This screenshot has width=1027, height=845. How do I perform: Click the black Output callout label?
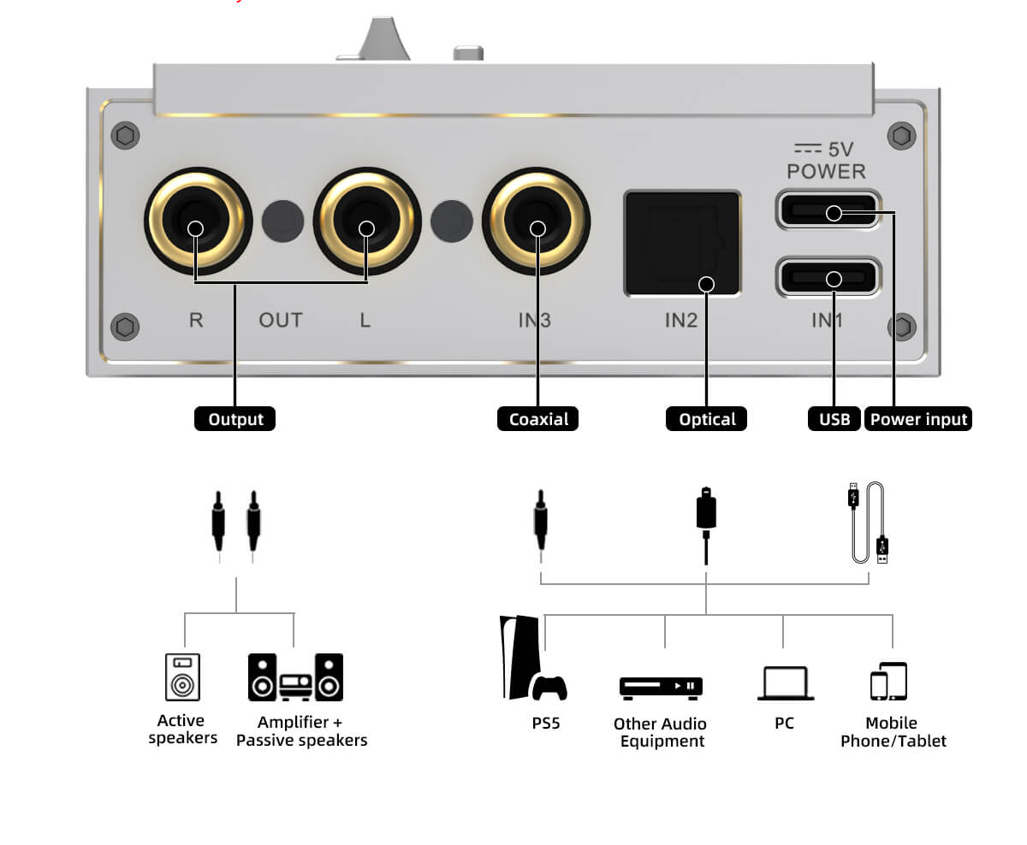tap(234, 419)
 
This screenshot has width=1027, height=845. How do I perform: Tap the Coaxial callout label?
tap(538, 419)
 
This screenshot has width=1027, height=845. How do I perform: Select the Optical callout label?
tap(707, 419)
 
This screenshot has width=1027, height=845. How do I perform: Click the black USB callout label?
tap(834, 419)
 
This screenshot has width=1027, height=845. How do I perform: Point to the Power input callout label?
tap(918, 419)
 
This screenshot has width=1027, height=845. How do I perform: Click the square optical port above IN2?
tap(682, 244)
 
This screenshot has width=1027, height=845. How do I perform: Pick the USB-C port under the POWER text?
tap(828, 210)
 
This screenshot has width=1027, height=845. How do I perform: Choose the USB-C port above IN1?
tap(828, 277)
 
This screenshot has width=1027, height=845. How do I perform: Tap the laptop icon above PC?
tap(785, 684)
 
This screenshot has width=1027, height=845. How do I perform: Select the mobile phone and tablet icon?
tap(889, 682)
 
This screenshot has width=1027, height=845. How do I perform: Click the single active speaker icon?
tap(182, 677)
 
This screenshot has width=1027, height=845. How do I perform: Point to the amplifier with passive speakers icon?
tap(295, 677)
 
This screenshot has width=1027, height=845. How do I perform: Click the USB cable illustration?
tap(869, 523)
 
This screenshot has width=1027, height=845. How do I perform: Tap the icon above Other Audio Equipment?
tap(661, 686)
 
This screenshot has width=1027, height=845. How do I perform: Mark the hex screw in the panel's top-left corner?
tap(126, 135)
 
